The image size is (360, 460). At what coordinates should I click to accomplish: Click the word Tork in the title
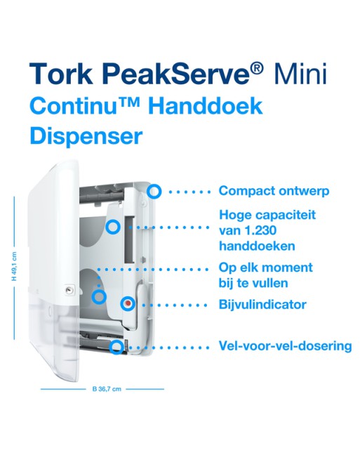click(61, 74)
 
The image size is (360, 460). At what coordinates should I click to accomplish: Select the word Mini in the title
click(300, 74)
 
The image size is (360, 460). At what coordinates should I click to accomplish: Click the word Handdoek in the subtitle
click(205, 106)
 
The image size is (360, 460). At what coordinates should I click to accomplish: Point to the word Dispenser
click(86, 136)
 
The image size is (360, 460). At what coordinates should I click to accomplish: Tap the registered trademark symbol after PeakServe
click(257, 70)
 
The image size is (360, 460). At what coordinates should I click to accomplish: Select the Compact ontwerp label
click(274, 191)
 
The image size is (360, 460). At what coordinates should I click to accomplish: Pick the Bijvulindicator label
click(262, 305)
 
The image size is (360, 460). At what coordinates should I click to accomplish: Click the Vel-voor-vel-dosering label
click(285, 346)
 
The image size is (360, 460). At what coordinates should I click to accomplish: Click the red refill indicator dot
click(128, 303)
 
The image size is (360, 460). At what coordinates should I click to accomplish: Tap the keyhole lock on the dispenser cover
click(69, 290)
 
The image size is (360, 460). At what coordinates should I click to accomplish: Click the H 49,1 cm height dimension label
click(14, 266)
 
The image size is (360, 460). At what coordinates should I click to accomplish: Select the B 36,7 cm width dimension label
click(107, 389)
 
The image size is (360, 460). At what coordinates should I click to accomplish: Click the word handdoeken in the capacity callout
click(257, 246)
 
